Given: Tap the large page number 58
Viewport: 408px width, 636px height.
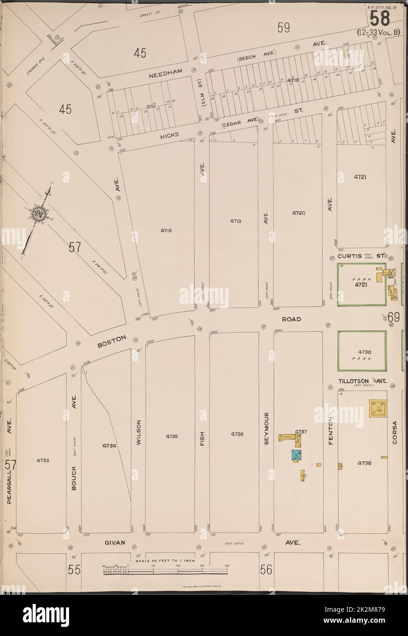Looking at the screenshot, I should click(380, 19).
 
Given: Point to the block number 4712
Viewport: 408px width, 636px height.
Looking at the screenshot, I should click(166, 231).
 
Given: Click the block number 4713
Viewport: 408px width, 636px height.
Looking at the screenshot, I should click(236, 221).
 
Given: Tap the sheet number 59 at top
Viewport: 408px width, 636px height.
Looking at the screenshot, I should click(284, 29).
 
